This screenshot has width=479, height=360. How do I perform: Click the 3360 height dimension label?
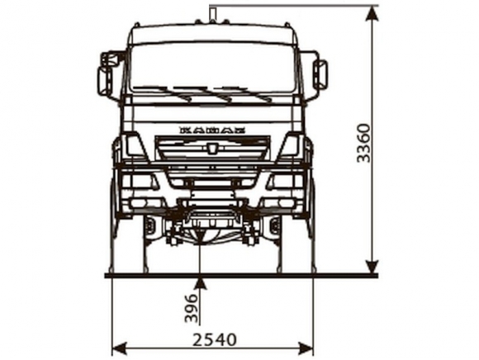coord(364,143)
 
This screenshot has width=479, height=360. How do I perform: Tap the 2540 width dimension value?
coord(215,339)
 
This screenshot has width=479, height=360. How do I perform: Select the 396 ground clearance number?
coord(192,309)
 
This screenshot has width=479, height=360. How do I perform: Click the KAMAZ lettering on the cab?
coord(212,130)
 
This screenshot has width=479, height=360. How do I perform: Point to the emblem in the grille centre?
coord(212,148)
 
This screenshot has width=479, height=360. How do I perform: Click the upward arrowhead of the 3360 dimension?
coord(372,13)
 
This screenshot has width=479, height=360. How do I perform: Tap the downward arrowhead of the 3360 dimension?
coord(372,268)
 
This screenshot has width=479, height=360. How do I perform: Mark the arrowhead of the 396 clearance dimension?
coord(200,282)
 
